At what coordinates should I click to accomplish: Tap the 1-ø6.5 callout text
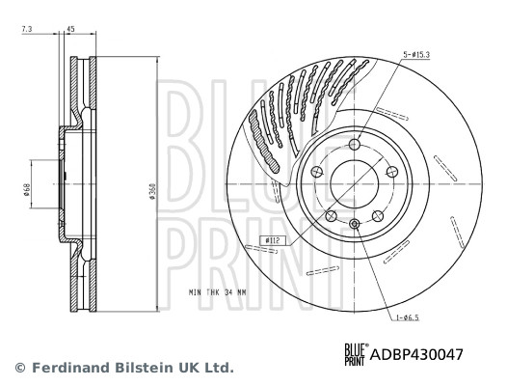407,317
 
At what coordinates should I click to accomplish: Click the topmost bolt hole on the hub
354,145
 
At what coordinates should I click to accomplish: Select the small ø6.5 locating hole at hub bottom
354,225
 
